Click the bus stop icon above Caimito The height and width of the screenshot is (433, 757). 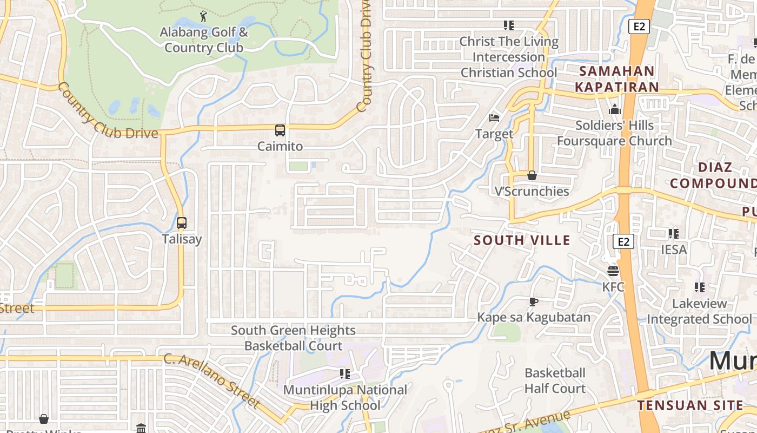point(280,130)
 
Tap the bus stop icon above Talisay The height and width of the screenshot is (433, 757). point(182,223)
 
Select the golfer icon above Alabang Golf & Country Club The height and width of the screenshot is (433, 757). point(203,17)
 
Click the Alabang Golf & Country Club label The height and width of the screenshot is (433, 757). point(204,40)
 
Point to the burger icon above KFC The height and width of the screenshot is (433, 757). point(613,271)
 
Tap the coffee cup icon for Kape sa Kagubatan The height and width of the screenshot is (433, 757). point(534,301)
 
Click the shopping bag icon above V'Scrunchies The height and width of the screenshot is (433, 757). point(532,175)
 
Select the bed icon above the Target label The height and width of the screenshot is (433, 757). point(494,117)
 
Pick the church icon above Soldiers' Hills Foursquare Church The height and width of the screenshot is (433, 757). point(614,110)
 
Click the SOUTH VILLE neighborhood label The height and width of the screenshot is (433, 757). point(522,240)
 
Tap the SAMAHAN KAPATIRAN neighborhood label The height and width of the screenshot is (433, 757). point(616,79)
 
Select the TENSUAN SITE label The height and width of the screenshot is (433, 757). point(690,405)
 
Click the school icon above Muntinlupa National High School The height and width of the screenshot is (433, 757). point(344,373)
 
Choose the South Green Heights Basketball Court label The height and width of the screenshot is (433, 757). point(293,338)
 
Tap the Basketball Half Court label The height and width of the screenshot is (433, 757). point(555,380)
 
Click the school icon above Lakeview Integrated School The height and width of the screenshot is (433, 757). point(700,287)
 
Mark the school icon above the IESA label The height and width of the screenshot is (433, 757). point(673,234)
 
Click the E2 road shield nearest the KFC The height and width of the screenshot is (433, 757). point(623,241)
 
